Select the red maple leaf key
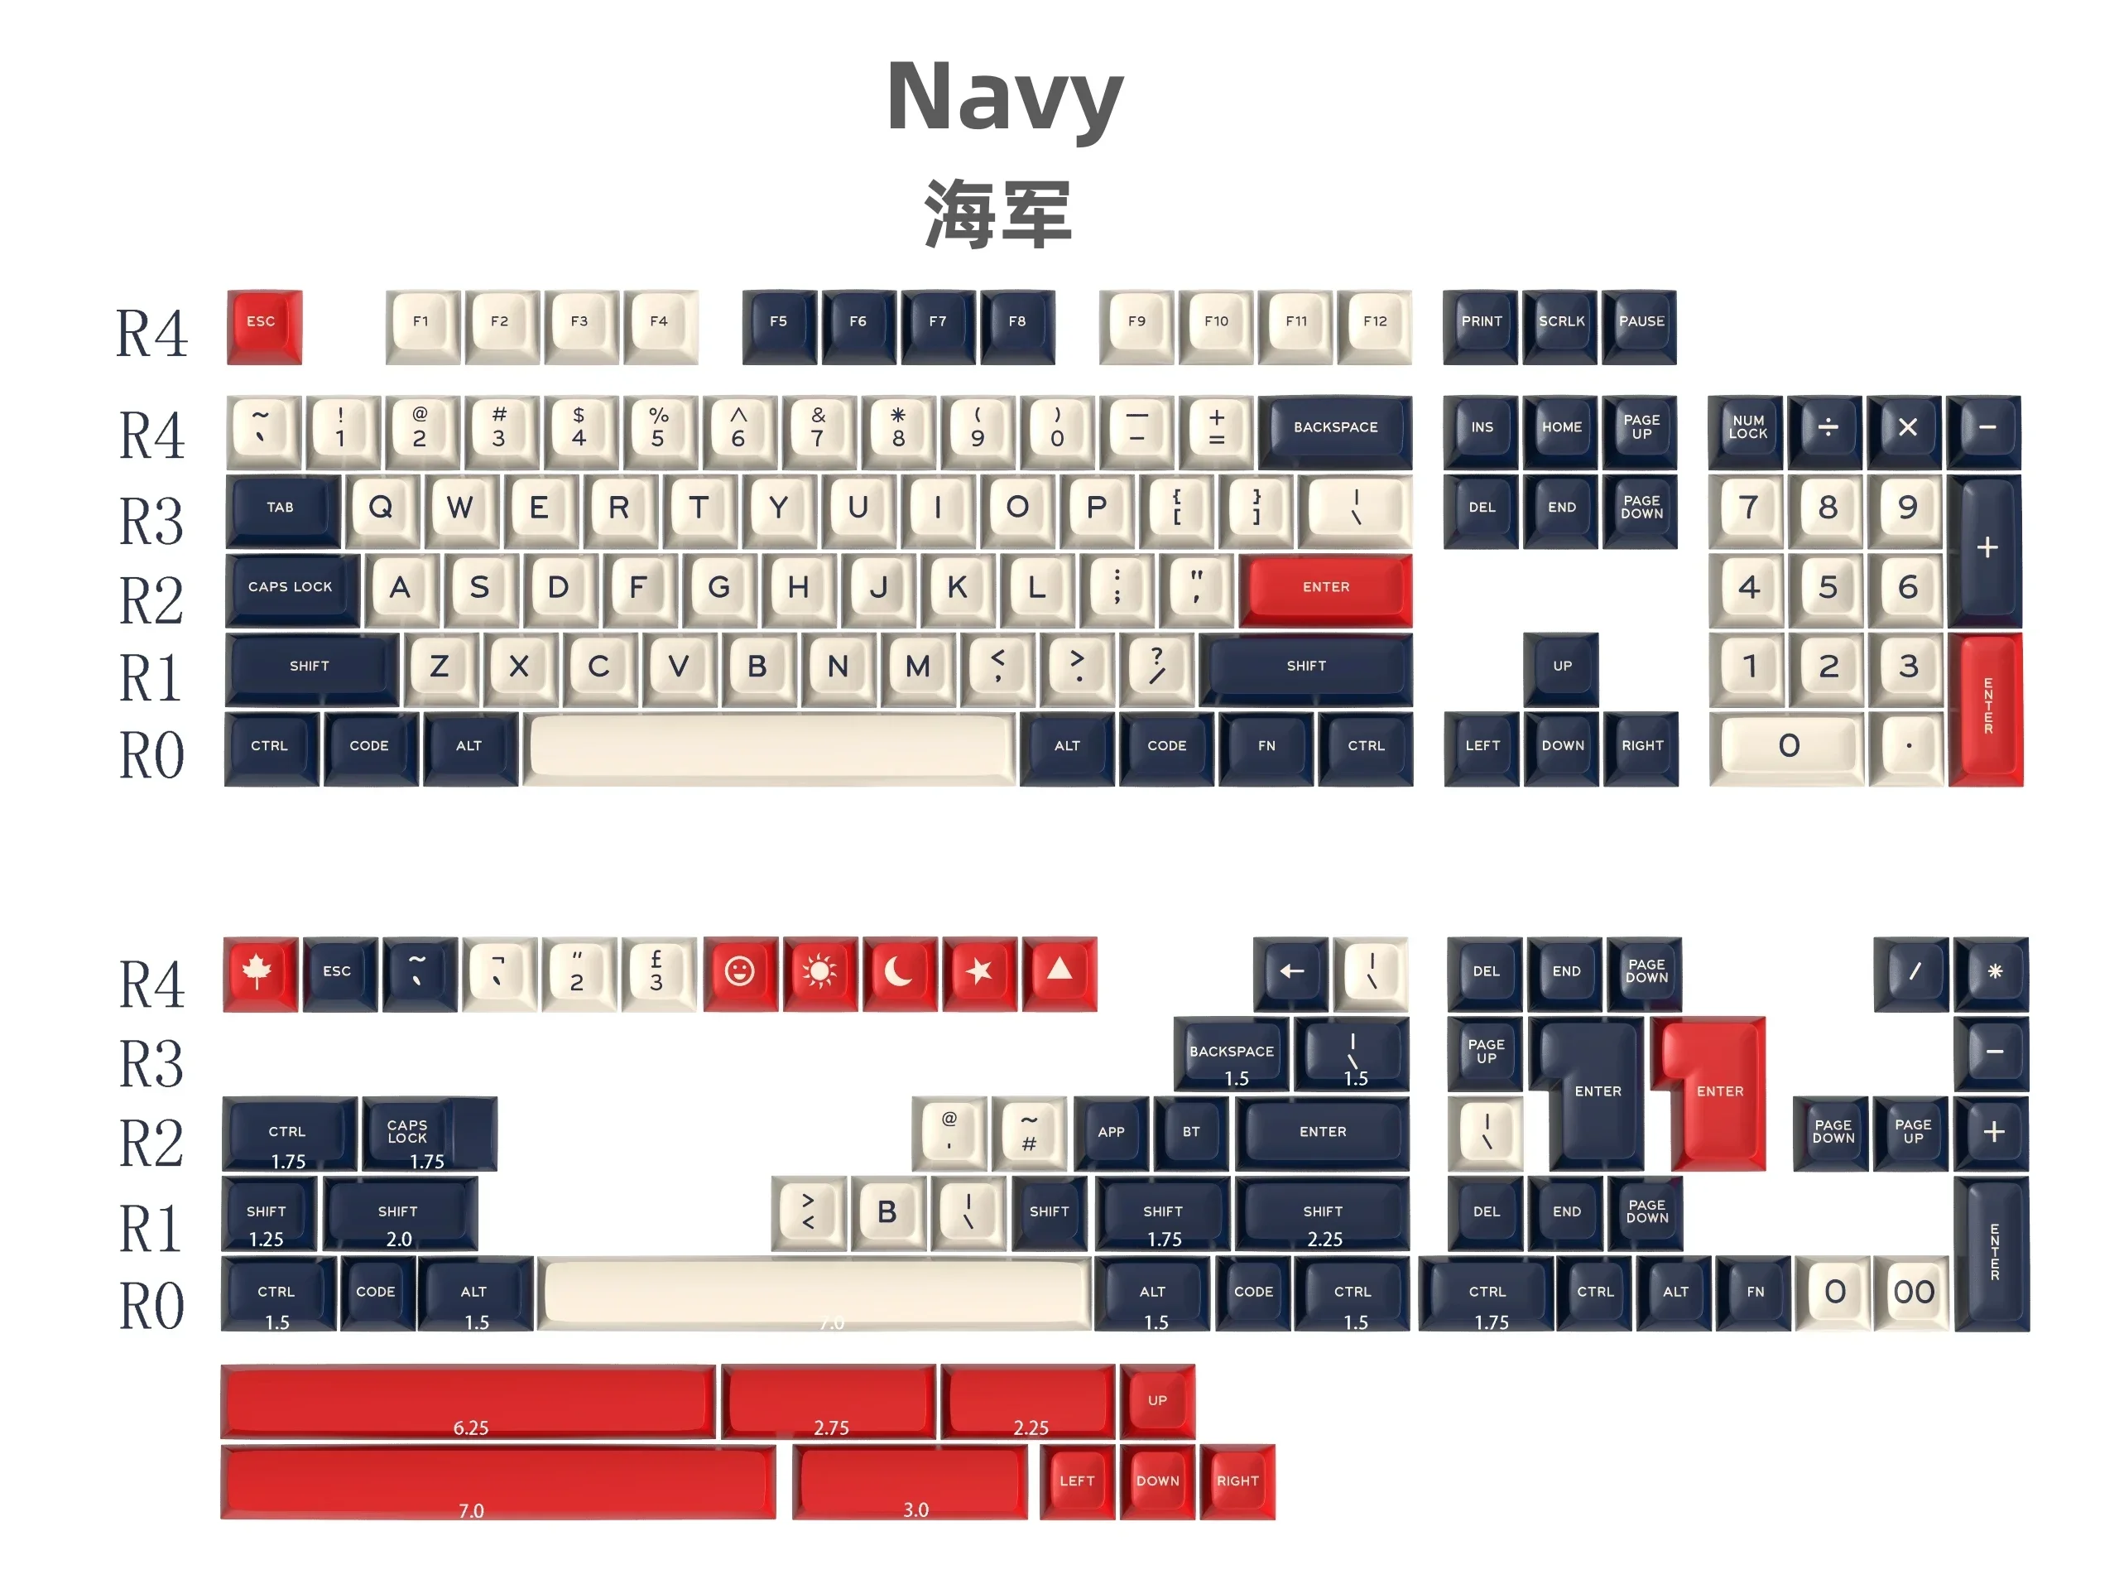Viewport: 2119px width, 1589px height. [x=258, y=973]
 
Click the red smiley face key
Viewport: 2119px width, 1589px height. [x=739, y=973]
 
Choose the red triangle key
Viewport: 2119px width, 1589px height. [x=1059, y=973]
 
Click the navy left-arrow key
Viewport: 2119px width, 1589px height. [x=1290, y=973]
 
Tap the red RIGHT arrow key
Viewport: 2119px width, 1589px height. [x=1237, y=1481]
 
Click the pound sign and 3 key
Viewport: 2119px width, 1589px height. [x=657, y=973]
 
